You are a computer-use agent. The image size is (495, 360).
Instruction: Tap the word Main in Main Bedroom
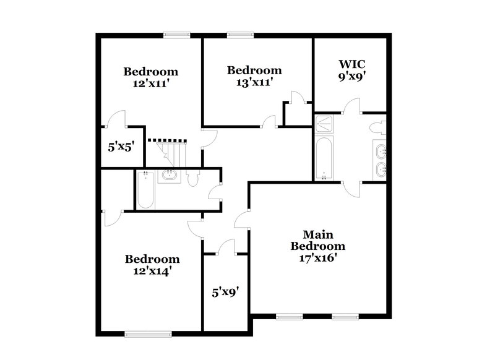tap(318, 234)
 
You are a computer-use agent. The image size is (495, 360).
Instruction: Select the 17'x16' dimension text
tap(318, 258)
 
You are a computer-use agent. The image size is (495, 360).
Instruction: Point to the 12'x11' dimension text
tap(150, 83)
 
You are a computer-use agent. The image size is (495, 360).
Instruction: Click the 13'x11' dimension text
tap(254, 82)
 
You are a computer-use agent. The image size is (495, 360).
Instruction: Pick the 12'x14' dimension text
tap(152, 270)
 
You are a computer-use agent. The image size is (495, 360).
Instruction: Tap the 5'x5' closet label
tap(121, 147)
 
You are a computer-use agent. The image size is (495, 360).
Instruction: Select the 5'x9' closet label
tap(225, 289)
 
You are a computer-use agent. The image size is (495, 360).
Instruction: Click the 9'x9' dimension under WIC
tap(351, 79)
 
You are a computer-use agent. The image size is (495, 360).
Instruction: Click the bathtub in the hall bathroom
tap(145, 189)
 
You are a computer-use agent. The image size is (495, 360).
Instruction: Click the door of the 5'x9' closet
tap(226, 247)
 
